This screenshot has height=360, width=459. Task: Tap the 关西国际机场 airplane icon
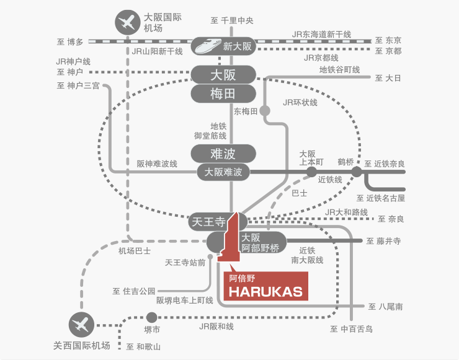[x=81, y=324]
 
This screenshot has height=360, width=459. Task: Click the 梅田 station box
[x=223, y=95]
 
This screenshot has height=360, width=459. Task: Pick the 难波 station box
[x=223, y=153]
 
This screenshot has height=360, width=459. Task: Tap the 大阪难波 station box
[x=223, y=172]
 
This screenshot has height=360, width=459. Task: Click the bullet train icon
[x=207, y=45]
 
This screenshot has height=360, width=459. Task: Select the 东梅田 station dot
[x=265, y=112]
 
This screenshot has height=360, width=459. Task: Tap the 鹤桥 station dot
[x=357, y=172]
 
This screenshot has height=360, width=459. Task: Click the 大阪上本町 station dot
[x=312, y=172]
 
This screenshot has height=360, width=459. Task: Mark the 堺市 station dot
[x=152, y=316]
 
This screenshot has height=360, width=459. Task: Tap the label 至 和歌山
[x=143, y=346]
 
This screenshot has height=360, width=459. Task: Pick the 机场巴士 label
[x=135, y=251]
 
